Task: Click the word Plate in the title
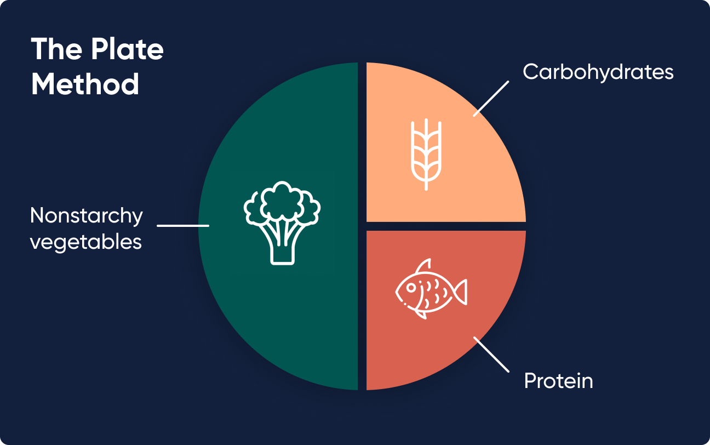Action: coord(128,49)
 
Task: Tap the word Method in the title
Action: coord(85,84)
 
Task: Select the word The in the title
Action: coord(56,49)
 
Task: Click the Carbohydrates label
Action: coord(598,72)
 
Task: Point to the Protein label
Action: coord(558,381)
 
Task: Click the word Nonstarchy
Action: coord(87,216)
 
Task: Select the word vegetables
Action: coord(86,242)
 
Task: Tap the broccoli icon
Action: coord(282,223)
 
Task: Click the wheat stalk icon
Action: coord(426,155)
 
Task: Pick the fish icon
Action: coord(431,289)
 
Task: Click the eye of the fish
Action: coord(411,287)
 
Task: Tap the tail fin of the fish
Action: coord(460,292)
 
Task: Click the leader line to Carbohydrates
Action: coord(491,99)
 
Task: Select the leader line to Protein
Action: coord(491,354)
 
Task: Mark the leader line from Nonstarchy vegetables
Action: coord(183,225)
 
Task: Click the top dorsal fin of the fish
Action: coord(424,265)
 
